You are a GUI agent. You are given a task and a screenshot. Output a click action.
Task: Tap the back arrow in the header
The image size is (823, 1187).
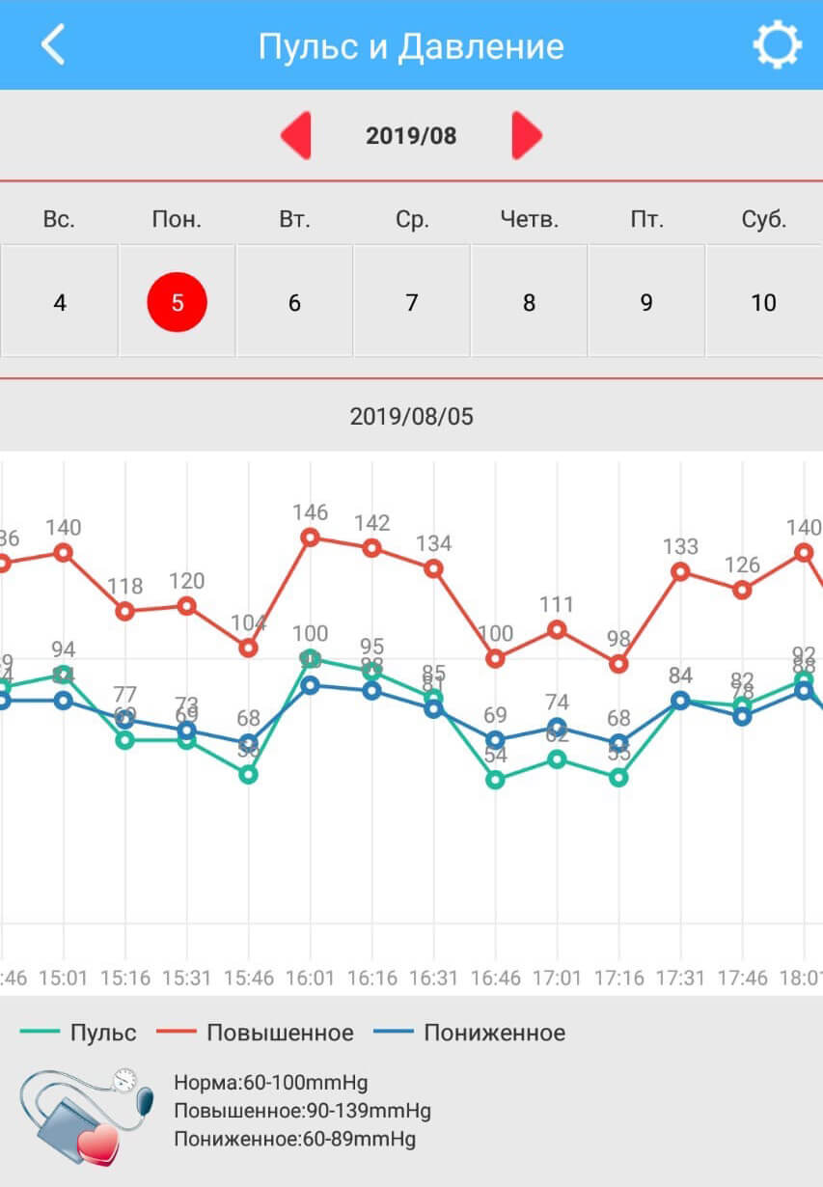pyautogui.click(x=52, y=45)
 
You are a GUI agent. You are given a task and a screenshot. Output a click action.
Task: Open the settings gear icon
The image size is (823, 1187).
pyautogui.click(x=777, y=45)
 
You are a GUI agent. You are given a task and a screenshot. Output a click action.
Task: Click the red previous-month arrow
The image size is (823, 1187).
pyautogui.click(x=296, y=135)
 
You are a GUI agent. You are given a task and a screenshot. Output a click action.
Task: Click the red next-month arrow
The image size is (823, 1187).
pyautogui.click(x=526, y=135)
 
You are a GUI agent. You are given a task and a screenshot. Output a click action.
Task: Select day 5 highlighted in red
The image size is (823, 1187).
pyautogui.click(x=177, y=302)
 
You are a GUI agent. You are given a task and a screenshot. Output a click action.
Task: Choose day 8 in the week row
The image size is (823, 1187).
pyautogui.click(x=529, y=302)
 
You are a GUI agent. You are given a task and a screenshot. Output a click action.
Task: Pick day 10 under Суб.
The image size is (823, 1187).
pyautogui.click(x=763, y=302)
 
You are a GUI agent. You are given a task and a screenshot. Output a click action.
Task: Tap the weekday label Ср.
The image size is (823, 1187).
pyautogui.click(x=412, y=219)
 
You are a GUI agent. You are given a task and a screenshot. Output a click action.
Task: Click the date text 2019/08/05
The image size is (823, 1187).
pyautogui.click(x=412, y=417)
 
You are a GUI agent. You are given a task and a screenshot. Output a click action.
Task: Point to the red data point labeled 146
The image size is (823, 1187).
pyautogui.click(x=311, y=538)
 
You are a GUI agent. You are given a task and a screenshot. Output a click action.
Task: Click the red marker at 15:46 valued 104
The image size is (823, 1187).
pyautogui.click(x=249, y=648)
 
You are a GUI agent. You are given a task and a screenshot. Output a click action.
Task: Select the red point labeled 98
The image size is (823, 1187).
pyautogui.click(x=618, y=664)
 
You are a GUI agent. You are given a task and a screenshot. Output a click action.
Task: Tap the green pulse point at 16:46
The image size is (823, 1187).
pyautogui.click(x=495, y=780)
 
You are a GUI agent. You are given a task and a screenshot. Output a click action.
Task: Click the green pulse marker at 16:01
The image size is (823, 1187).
pyautogui.click(x=311, y=659)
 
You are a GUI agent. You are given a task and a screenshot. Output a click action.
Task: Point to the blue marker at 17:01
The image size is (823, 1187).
pyautogui.click(x=557, y=727)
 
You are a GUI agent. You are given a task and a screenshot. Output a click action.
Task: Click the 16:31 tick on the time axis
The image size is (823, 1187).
pyautogui.click(x=433, y=978)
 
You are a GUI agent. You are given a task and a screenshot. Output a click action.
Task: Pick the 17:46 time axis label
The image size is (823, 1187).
pyautogui.click(x=742, y=978)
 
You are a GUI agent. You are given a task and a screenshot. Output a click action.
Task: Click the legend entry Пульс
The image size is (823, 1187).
pyautogui.click(x=79, y=1033)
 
